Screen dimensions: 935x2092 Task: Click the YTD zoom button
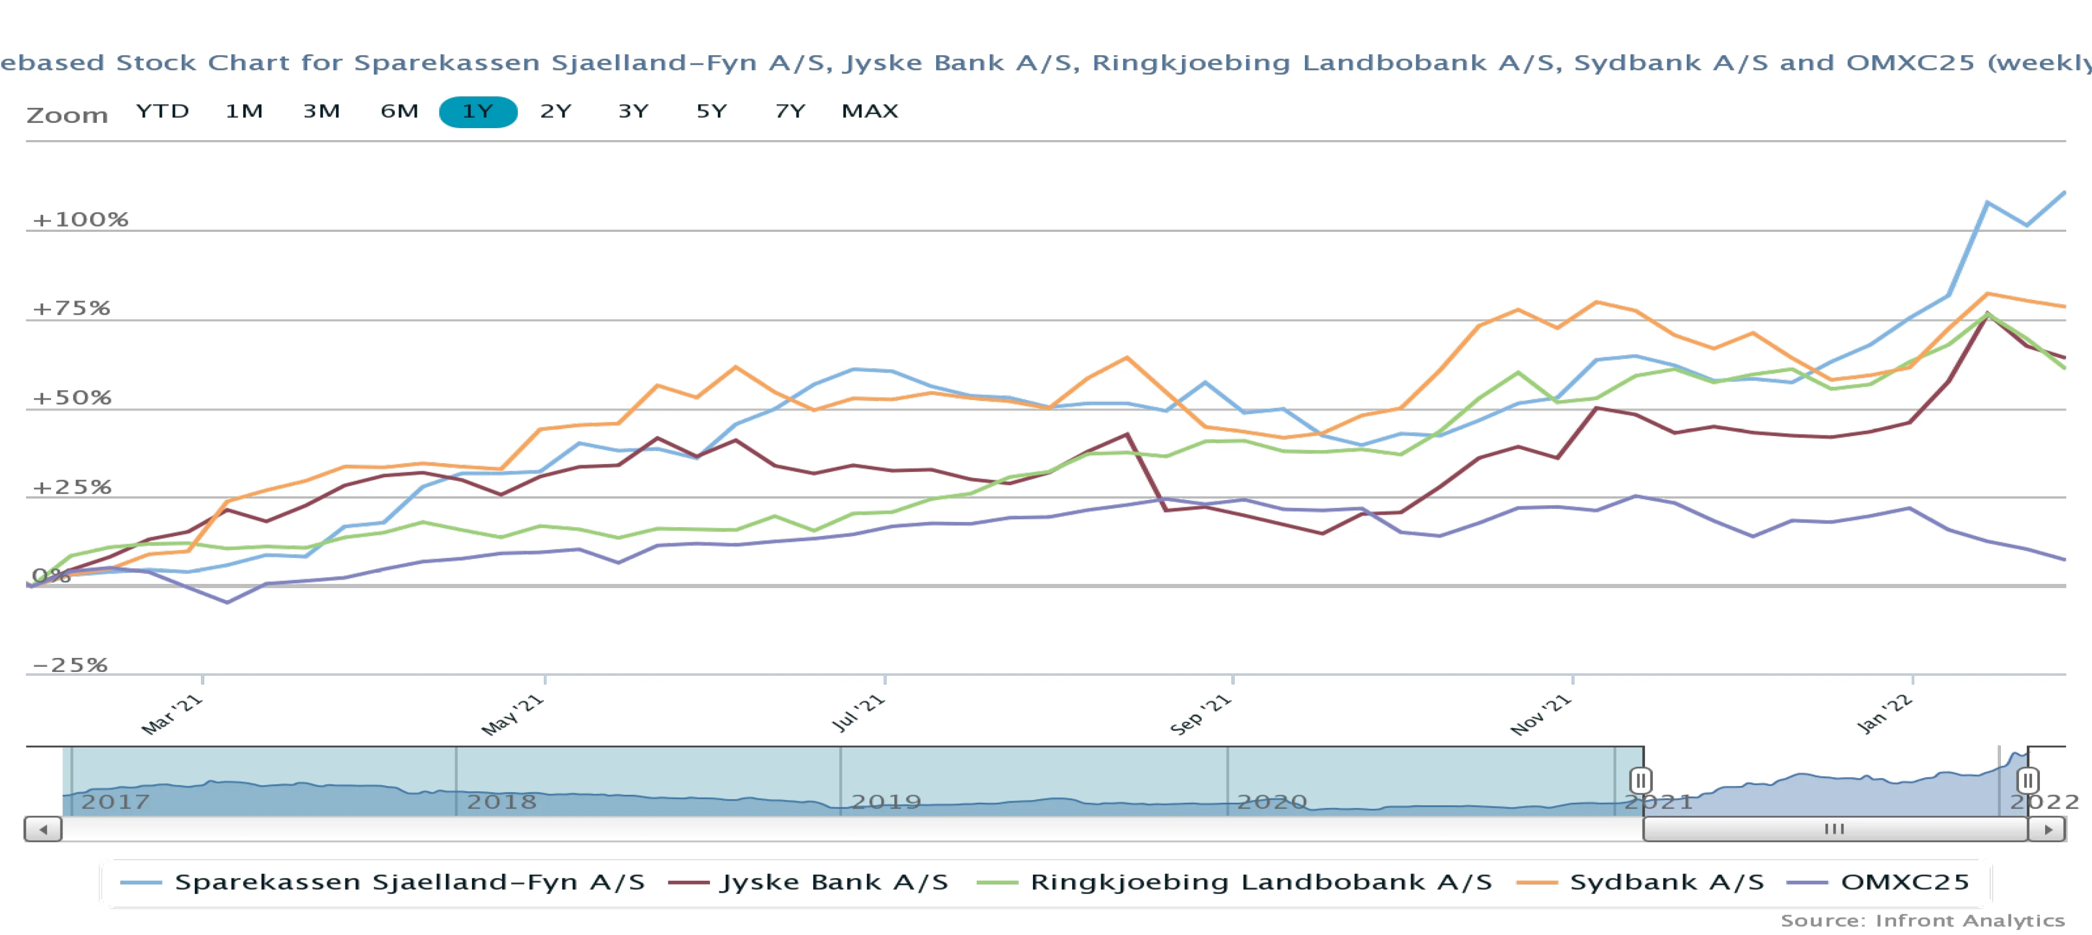tap(163, 111)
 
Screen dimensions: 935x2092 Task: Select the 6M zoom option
tap(400, 111)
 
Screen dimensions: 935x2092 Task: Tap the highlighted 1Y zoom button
tap(478, 111)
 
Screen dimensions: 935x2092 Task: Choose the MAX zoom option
tap(870, 111)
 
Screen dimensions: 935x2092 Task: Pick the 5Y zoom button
tap(712, 111)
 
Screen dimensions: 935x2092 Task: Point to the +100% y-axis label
tap(80, 219)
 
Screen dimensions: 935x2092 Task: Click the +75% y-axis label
tap(71, 309)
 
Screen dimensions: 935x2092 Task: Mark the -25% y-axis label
tap(70, 665)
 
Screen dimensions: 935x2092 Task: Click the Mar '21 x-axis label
tap(171, 715)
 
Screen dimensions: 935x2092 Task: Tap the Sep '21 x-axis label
tap(1200, 715)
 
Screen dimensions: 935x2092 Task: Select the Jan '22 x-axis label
tap(1885, 715)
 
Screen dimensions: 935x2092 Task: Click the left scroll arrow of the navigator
tap(43, 829)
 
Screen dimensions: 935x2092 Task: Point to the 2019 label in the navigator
tap(886, 802)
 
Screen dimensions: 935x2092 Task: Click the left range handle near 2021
tap(1640, 781)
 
